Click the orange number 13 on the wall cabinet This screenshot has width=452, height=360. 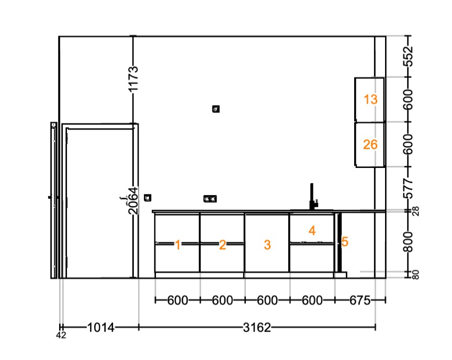[x=370, y=99]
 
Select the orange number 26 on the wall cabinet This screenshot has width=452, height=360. [x=370, y=144]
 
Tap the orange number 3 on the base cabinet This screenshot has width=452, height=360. [x=267, y=245]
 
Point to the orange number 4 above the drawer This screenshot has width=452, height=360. [x=312, y=231]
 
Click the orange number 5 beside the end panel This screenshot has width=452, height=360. [x=345, y=242]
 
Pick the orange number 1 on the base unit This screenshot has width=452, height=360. [x=177, y=245]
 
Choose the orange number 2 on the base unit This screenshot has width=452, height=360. [x=222, y=245]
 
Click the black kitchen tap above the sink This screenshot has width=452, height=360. [x=313, y=197]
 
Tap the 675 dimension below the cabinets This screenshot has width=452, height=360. [x=360, y=301]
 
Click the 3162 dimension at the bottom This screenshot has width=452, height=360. [x=257, y=328]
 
